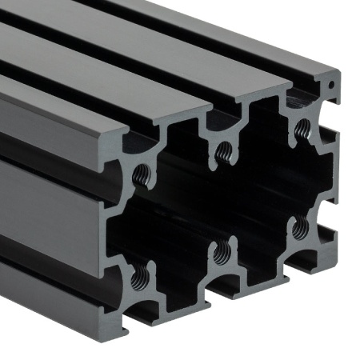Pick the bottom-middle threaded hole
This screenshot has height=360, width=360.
tap(222, 253)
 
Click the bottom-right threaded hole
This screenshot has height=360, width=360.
tap(299, 229)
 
